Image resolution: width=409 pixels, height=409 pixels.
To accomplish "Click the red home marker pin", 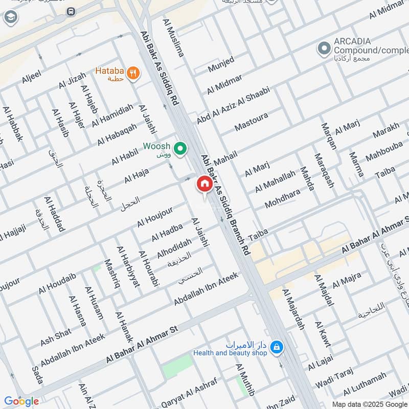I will point(204,184).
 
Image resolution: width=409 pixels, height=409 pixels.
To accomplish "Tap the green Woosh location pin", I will point(179,149).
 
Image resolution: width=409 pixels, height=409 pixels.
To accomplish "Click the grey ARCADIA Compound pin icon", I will point(323,50).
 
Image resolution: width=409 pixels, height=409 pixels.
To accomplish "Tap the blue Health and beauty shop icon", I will point(277,347).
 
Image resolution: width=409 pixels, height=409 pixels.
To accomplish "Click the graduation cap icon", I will point(10,18).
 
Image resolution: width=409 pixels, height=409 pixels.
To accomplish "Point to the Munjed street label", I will point(221,64).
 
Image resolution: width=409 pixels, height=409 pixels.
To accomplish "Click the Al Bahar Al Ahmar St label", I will point(141,346).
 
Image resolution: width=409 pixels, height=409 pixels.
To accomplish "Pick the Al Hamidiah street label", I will point(112,116).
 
